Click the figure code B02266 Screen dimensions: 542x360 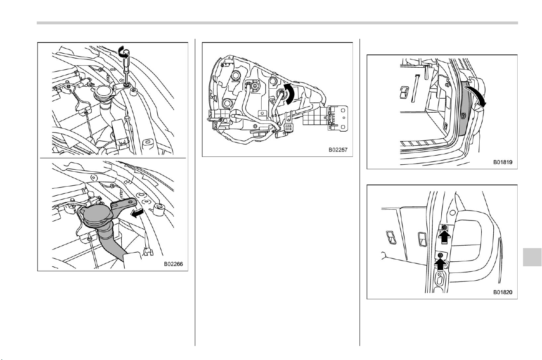[x=173, y=264]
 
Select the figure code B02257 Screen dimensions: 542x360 [x=338, y=150]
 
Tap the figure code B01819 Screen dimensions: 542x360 [x=503, y=162]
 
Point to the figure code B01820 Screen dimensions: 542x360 [x=503, y=292]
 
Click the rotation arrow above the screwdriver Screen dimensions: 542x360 [x=124, y=52]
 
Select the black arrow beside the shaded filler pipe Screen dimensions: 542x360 [x=137, y=213]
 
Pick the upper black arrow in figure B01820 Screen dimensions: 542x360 [x=444, y=237]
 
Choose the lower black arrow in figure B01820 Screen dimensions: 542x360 [x=440, y=264]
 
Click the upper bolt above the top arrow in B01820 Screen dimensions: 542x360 [x=444, y=227]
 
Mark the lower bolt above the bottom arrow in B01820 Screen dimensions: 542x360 [x=440, y=255]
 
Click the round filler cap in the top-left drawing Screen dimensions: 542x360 [x=103, y=92]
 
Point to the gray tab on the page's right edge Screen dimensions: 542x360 [x=532, y=257]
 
